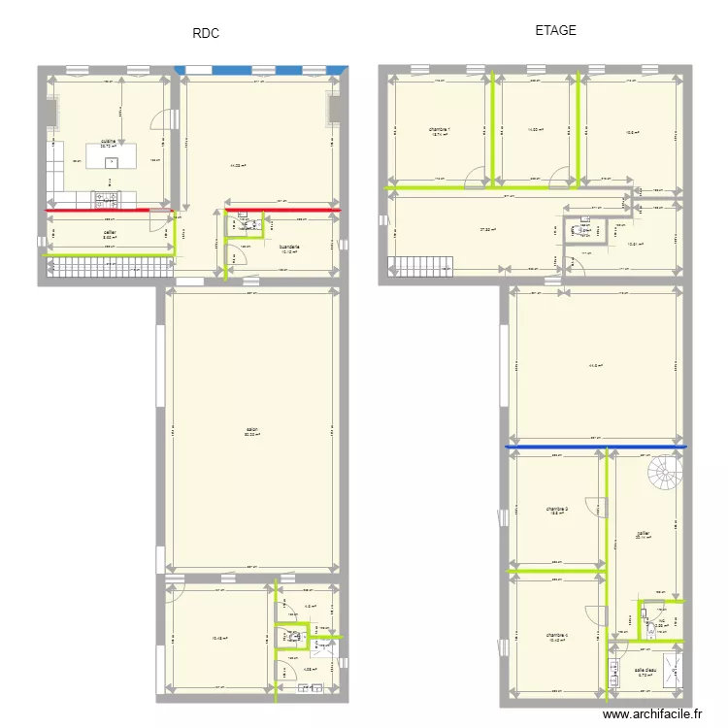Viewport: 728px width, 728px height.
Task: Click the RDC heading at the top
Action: click(x=206, y=33)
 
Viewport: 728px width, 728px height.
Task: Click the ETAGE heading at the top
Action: click(x=555, y=30)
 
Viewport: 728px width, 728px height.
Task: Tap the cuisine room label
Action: click(x=108, y=143)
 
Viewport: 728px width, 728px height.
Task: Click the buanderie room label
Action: click(x=288, y=248)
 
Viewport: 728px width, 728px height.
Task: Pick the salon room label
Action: click(x=251, y=430)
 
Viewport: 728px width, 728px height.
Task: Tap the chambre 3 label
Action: click(x=556, y=509)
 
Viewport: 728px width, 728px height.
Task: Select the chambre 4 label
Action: click(x=557, y=635)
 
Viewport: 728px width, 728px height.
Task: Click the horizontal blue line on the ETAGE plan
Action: click(x=595, y=447)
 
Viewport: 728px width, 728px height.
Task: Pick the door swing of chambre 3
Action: click(x=599, y=508)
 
